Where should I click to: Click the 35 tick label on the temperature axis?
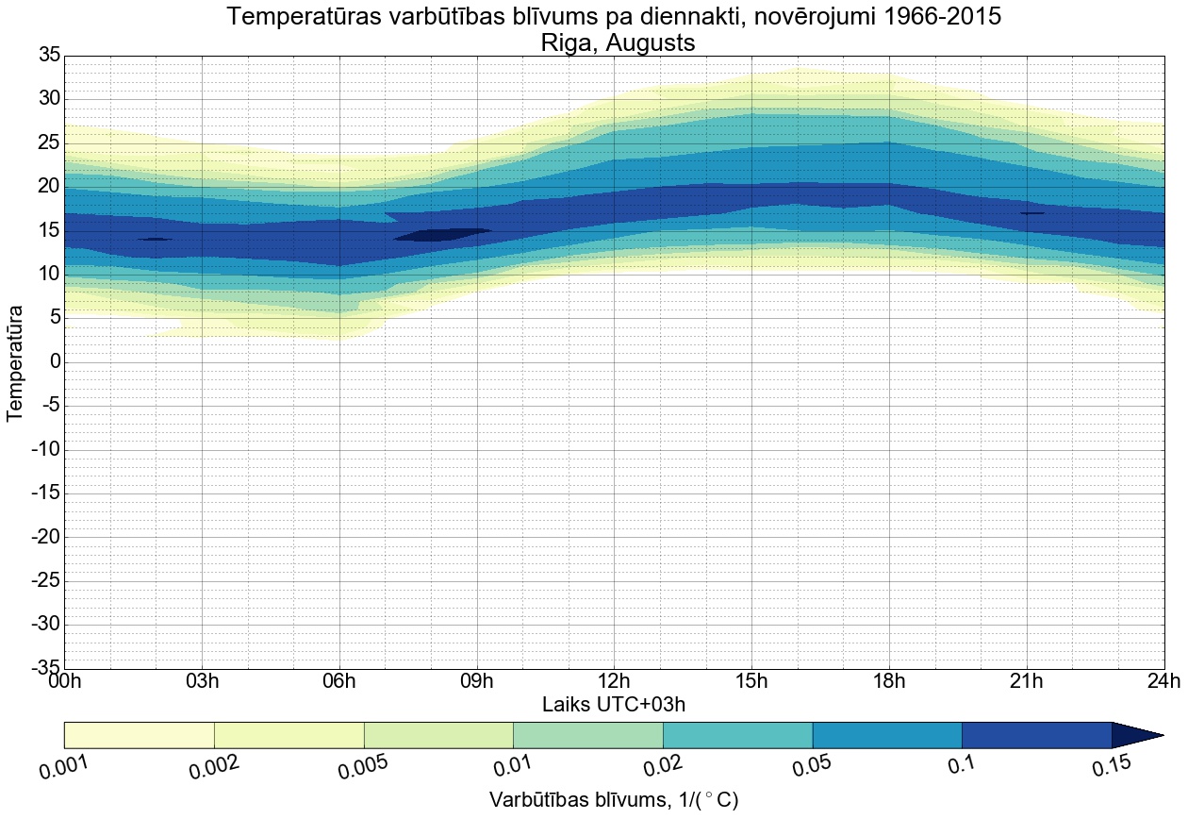(49, 56)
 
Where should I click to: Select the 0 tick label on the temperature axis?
(55, 362)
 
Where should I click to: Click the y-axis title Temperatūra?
(16, 362)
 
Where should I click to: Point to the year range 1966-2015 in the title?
(933, 17)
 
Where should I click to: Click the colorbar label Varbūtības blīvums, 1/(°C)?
(614, 800)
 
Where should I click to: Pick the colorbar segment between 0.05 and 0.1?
(886, 735)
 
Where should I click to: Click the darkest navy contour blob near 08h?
(441, 234)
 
